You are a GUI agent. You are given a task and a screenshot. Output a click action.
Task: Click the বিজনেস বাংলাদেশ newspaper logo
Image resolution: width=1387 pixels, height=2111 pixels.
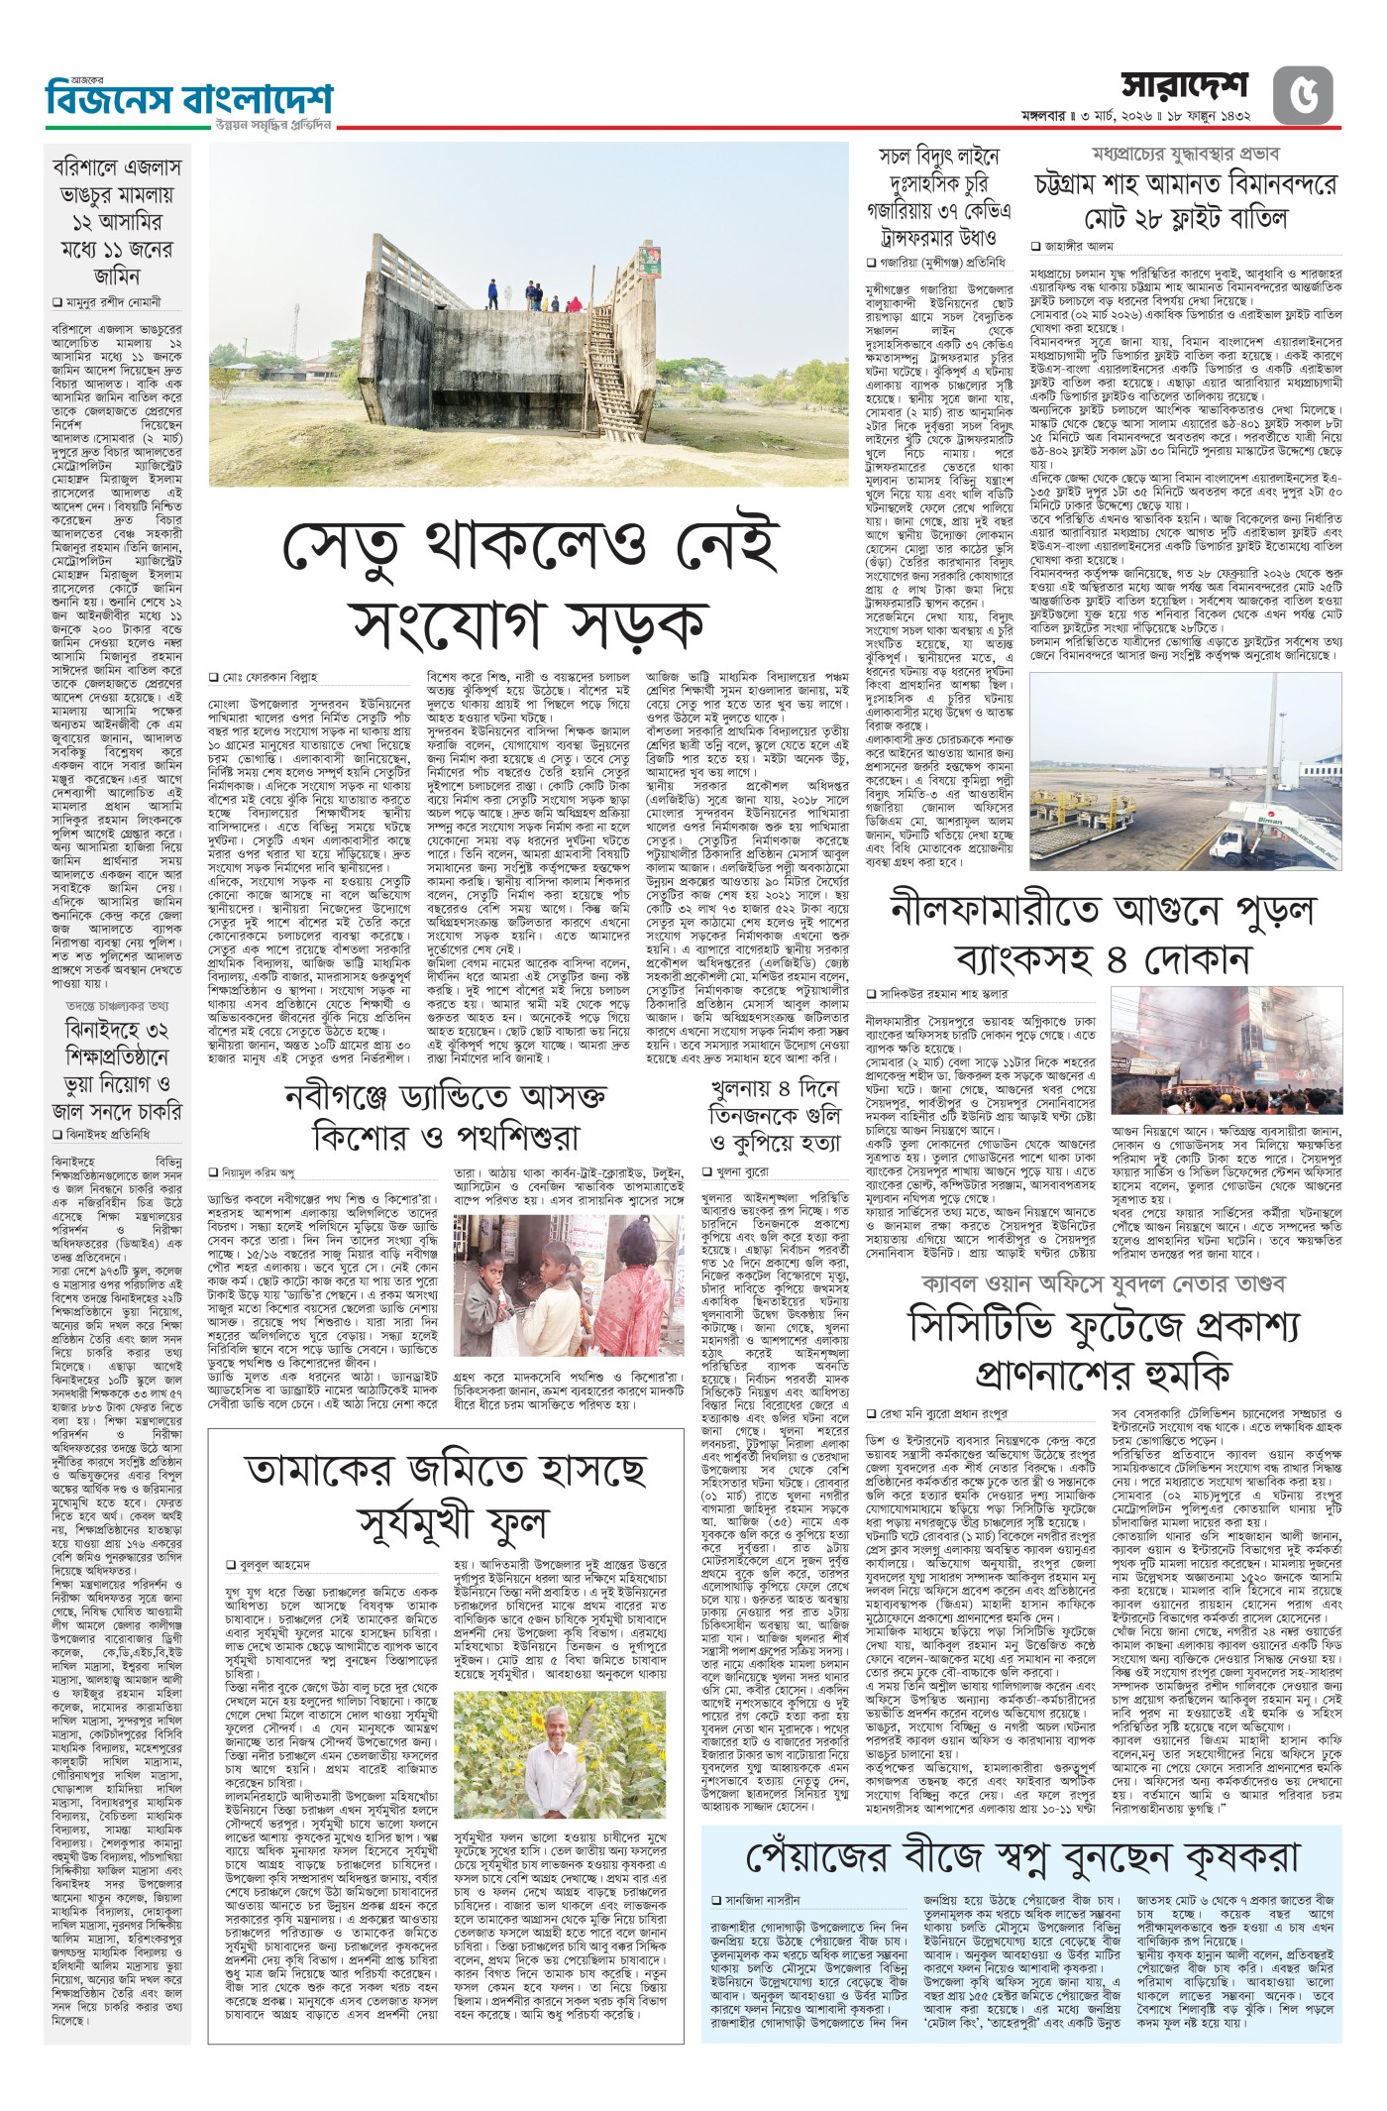189,100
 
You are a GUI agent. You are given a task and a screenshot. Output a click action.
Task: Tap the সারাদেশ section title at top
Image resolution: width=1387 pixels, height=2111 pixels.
1185,88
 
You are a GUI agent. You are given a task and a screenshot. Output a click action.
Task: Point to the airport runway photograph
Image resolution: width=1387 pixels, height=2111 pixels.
1186,773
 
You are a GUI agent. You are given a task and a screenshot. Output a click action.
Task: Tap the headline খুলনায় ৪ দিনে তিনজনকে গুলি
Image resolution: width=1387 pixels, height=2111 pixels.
775,1115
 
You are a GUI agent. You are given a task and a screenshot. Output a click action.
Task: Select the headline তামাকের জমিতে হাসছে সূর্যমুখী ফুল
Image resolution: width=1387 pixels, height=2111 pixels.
446,1495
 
